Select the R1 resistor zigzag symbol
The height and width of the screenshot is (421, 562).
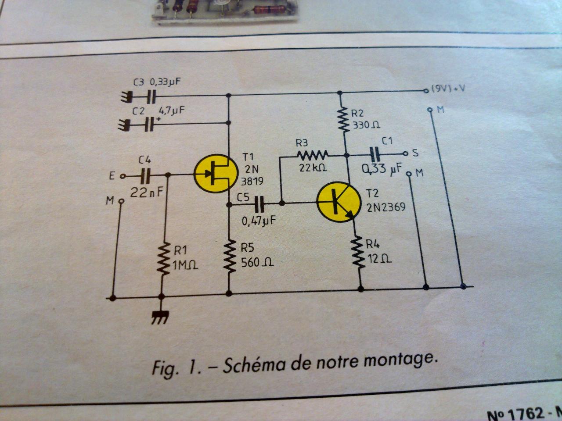(x=164, y=259)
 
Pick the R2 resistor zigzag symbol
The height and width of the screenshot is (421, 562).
(x=342, y=118)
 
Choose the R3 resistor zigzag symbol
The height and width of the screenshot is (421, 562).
(x=312, y=155)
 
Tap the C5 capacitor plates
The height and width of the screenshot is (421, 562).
(x=260, y=203)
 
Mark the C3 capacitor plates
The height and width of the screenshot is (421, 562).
(x=151, y=95)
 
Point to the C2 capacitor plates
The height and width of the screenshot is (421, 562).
(x=150, y=125)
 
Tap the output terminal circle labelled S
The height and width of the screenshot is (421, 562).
(x=405, y=153)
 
